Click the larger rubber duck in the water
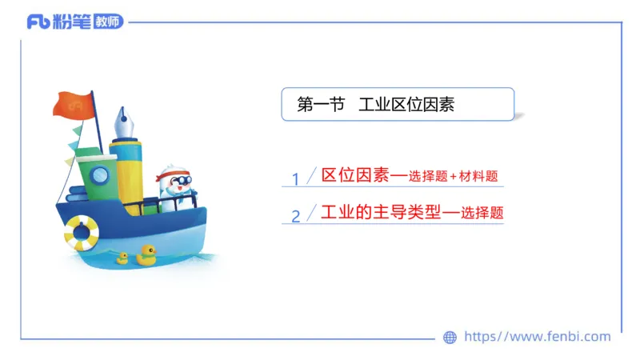coord(146,255)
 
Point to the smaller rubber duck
coord(122,258)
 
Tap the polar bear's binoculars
coord(179,180)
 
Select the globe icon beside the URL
coord(450,337)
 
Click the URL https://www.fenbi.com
coord(538,337)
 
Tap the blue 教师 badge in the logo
coord(108,22)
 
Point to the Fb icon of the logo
coord(38,22)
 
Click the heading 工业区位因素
coord(406,104)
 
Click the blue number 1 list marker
coord(295,178)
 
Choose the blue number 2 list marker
coord(295,216)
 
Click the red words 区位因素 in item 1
coord(354,175)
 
